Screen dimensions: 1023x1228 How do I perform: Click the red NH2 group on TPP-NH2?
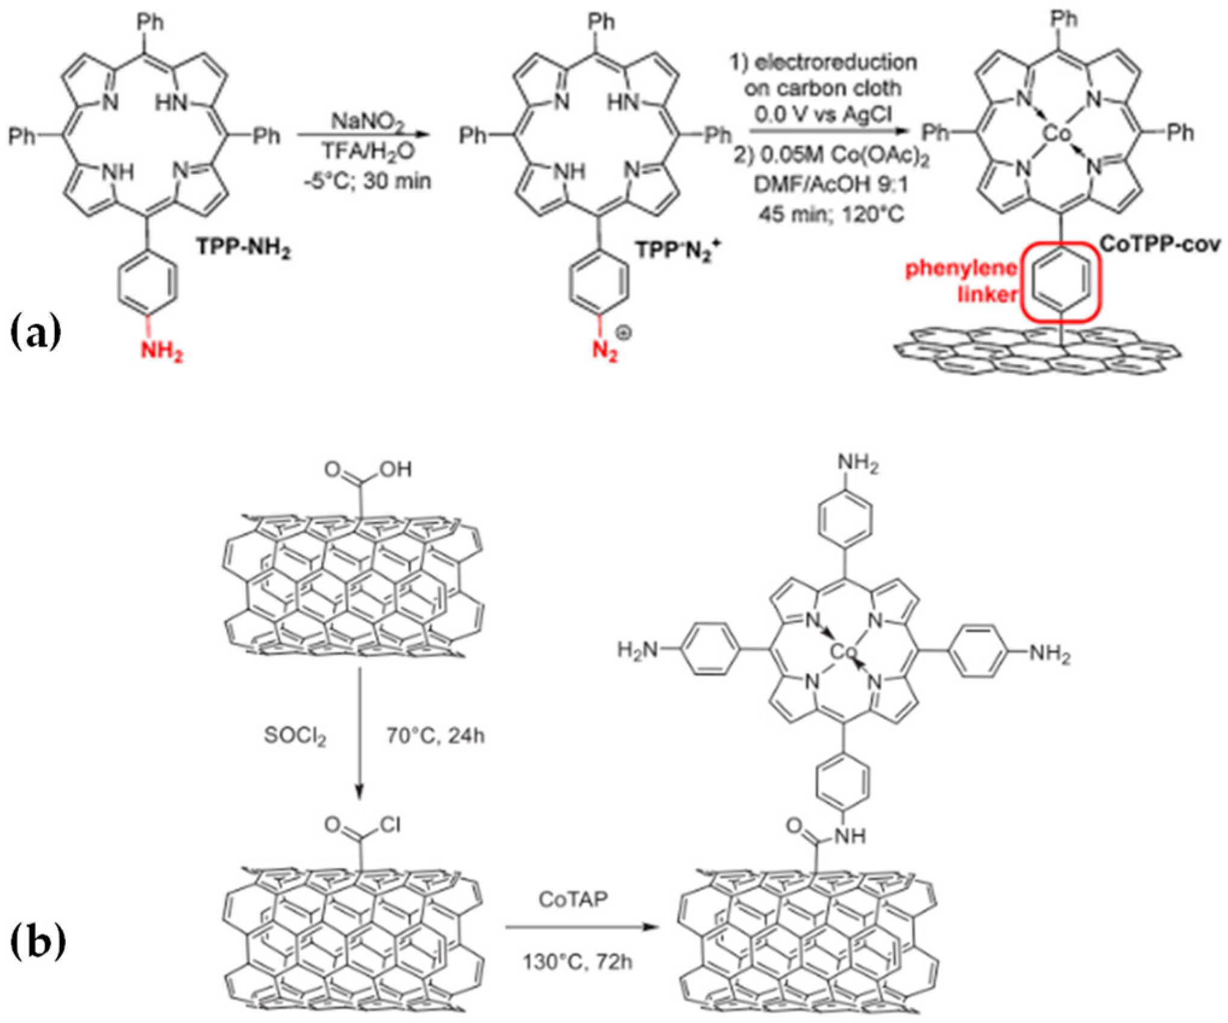pyautogui.click(x=162, y=350)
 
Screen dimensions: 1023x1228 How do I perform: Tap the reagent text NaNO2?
pyautogui.click(x=368, y=123)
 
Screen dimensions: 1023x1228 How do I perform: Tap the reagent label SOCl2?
pyautogui.click(x=295, y=737)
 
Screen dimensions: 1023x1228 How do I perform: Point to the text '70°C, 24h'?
pyautogui.click(x=435, y=736)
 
